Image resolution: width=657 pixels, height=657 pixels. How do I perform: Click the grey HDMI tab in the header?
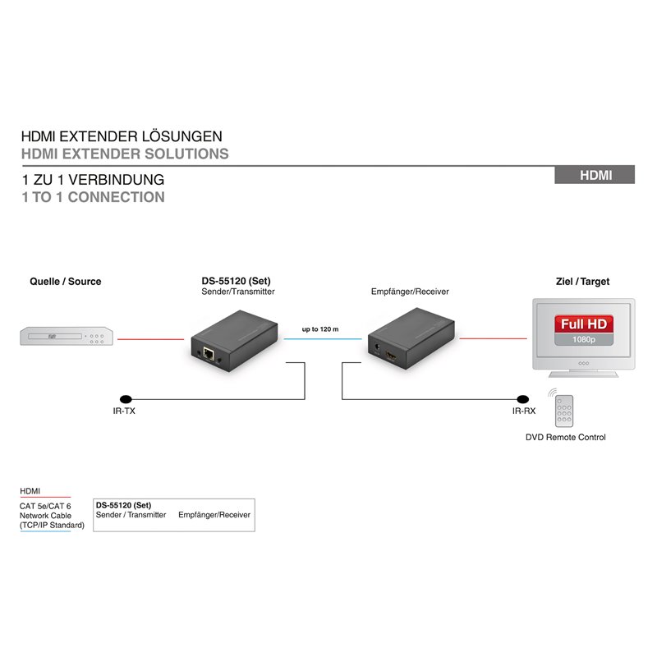pos(594,175)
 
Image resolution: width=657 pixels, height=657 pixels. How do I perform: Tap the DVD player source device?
pos(67,336)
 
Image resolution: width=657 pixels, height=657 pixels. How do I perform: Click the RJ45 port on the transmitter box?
pos(209,354)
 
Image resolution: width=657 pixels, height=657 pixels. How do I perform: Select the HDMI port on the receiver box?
pos(392,356)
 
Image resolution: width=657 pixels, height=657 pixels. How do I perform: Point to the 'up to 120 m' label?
pos(320,329)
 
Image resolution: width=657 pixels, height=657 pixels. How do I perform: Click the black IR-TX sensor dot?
pos(126,399)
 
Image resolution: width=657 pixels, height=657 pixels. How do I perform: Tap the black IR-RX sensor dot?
pos(522,399)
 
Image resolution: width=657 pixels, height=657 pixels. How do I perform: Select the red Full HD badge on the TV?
pos(584,324)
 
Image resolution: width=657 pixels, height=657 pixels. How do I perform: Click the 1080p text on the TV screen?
pos(584,339)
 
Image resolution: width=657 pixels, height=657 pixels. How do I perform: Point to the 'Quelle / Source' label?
pos(66,282)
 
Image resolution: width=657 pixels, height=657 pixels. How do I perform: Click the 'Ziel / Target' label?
pos(582,282)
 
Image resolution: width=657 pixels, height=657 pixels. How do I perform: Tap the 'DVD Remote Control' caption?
pos(565,437)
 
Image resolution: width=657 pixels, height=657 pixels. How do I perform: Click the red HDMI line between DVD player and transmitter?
pos(150,339)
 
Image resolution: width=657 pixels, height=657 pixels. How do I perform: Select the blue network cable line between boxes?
pos(323,338)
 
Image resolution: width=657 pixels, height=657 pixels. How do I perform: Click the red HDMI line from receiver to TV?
pos(493,338)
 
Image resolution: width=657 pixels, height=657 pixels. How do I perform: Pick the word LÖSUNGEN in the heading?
pos(181,136)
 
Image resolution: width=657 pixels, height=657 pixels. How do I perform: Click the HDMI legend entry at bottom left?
pos(30,490)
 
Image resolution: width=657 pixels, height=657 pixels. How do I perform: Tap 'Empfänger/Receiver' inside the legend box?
pos(214,515)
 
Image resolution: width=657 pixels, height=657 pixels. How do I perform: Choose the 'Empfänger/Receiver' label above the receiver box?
pos(410,292)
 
